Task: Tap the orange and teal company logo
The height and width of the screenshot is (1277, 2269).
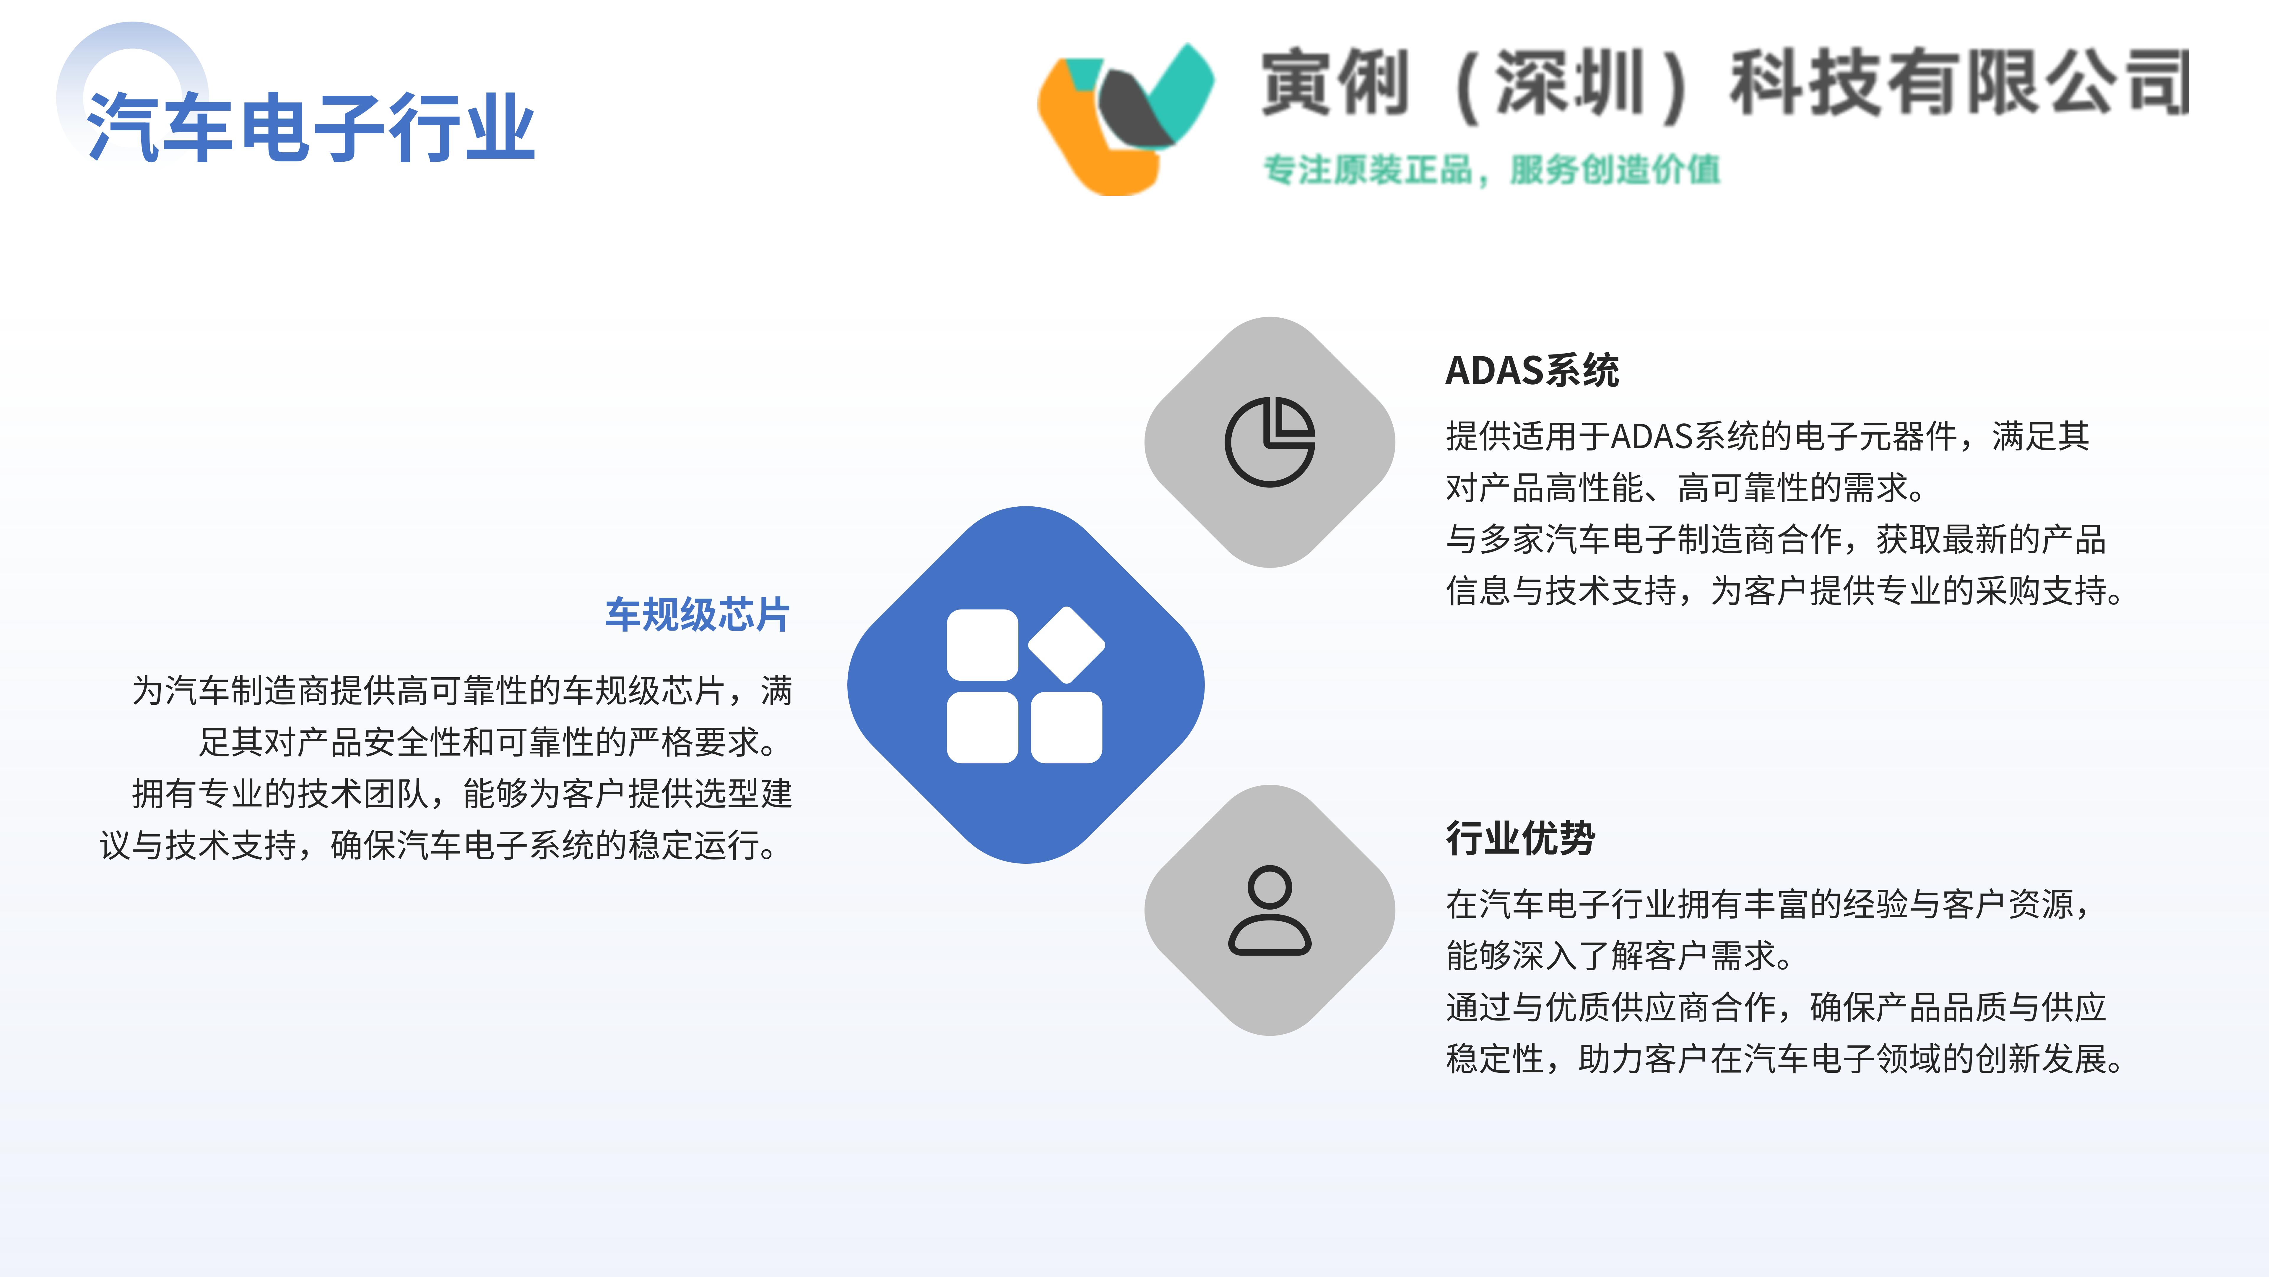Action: coord(1126,119)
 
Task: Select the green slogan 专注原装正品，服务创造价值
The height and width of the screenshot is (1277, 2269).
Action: coord(1491,169)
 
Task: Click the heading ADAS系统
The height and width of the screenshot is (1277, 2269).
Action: coord(1532,370)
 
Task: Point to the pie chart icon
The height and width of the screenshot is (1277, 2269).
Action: coord(1269,442)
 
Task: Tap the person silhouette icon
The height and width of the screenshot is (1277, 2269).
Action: coord(1269,910)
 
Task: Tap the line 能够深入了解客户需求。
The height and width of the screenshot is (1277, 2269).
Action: coord(1620,955)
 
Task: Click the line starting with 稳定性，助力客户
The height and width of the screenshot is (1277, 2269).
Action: coord(1785,1059)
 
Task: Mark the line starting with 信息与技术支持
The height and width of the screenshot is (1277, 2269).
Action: coord(1785,591)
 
